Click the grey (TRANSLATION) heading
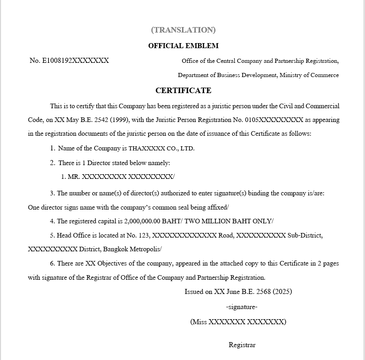tap(183, 30)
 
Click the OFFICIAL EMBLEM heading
tap(183, 45)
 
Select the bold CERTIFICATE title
tap(183, 90)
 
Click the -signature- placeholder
tap(242, 307)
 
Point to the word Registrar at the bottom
tap(242, 345)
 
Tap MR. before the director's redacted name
tap(73, 177)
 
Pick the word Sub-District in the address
tap(305, 235)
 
